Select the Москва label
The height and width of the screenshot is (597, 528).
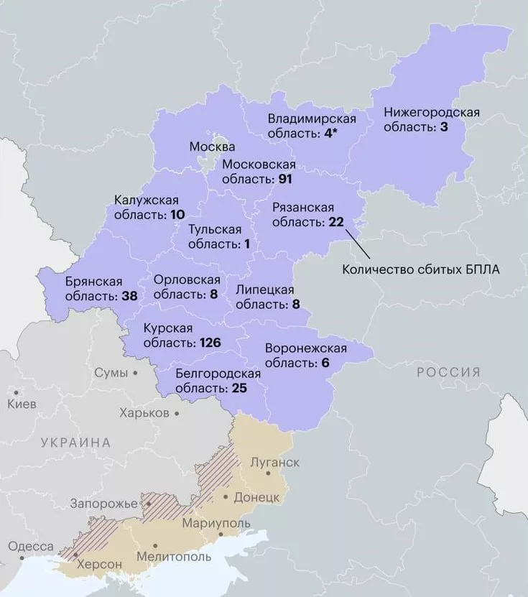tap(212, 147)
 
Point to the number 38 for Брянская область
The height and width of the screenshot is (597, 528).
tap(130, 296)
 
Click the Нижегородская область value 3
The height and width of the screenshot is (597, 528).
tap(444, 126)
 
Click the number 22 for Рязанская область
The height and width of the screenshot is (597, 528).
tap(337, 222)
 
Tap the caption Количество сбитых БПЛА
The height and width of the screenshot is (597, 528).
tap(420, 270)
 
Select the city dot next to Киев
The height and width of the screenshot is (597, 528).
tap(15, 392)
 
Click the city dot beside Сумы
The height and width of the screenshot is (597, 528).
tap(134, 374)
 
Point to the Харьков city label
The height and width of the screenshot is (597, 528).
tap(144, 413)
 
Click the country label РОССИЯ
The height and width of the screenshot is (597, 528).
tap(448, 371)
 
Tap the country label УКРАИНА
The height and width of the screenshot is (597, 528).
tap(76, 443)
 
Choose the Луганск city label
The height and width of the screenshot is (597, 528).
tap(274, 462)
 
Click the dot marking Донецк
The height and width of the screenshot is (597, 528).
tap(226, 497)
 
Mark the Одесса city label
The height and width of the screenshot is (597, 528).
tap(31, 547)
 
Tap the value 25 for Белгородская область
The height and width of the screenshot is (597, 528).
tap(239, 389)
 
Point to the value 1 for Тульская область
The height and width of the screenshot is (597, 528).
tap(246, 244)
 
